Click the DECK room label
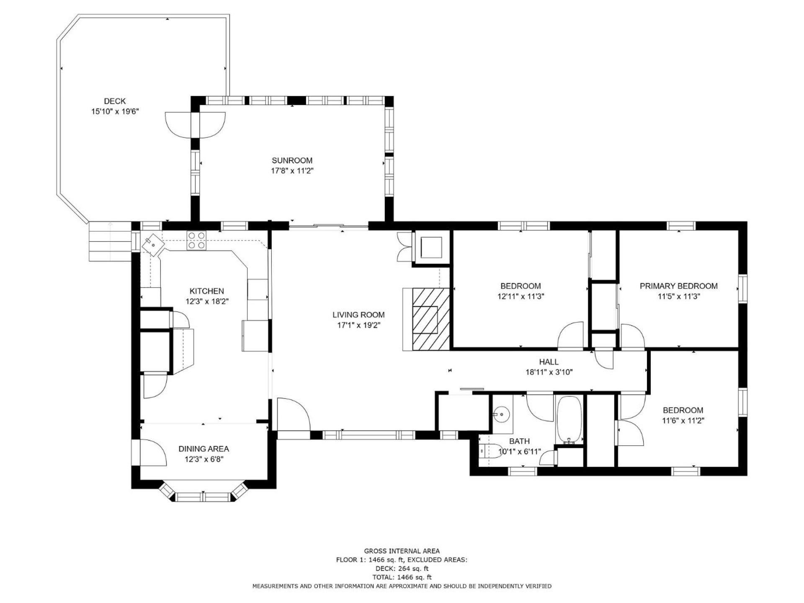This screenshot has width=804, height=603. coord(115,101)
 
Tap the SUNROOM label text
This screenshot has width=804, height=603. coord(292,160)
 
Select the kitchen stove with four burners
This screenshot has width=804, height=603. coord(196,241)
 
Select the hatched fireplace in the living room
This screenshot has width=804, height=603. coord(431,319)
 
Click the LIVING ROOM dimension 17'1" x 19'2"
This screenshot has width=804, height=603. coord(358,325)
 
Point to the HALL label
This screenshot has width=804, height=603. coord(549,362)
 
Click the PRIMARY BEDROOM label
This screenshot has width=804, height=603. coord(678,286)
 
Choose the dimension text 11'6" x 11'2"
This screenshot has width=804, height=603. coord(683,421)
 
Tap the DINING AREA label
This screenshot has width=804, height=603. coord(204,449)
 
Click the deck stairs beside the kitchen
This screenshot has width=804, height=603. coord(110,242)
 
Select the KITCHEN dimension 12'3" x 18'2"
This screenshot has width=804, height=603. coord(207,301)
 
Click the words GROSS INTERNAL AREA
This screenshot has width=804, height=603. coord(402,551)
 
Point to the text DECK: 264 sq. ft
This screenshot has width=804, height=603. coord(402,569)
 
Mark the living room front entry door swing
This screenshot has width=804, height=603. coord(293,415)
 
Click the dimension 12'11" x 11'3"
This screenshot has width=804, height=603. coord(521,296)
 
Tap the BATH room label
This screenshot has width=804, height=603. coord(519,441)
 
